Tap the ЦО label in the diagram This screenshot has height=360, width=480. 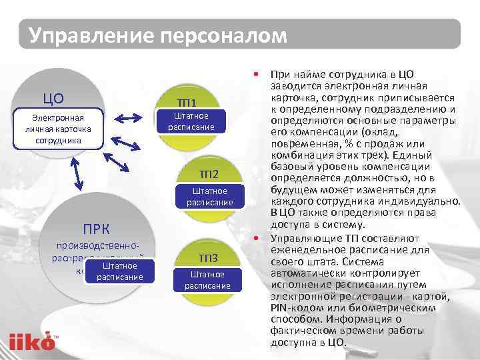click(53, 99)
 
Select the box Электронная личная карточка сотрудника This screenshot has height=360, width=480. click(63, 129)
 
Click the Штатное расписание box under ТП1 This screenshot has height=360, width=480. click(191, 121)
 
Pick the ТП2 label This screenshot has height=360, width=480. click(209, 175)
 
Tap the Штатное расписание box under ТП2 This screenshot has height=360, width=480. click(209, 197)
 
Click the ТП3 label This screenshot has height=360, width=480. click(208, 259)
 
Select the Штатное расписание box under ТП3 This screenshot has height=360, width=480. click(207, 279)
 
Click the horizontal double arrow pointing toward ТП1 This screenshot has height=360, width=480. click(129, 118)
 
